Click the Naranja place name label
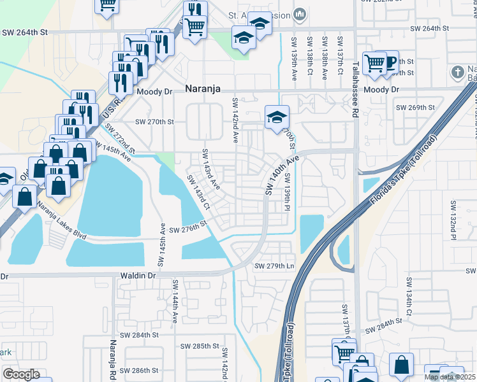[x=203, y=90]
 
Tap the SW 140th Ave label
[x=281, y=174]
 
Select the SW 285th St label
[x=200, y=346]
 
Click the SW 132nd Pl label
[x=454, y=220]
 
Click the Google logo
[x=21, y=374]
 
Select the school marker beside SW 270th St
[x=277, y=118]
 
